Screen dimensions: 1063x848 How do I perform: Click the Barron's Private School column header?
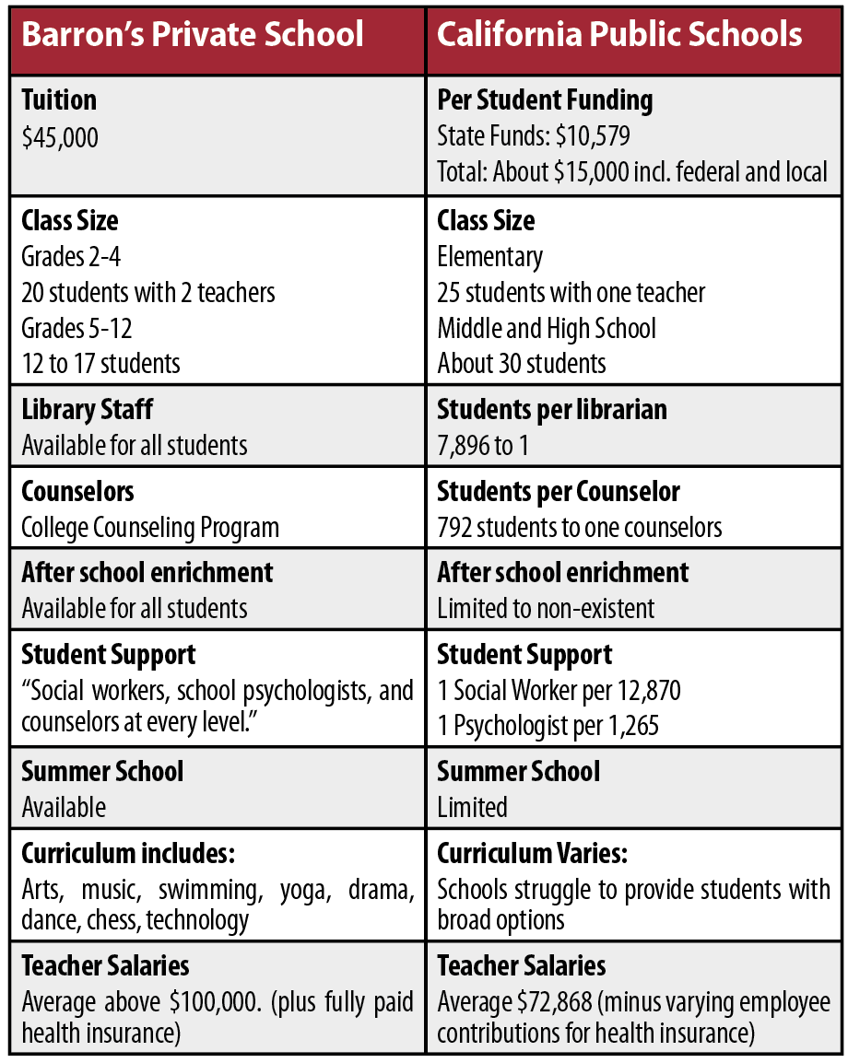click(193, 35)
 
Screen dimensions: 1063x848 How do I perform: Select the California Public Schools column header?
click(619, 35)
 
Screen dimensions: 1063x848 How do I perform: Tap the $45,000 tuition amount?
click(60, 138)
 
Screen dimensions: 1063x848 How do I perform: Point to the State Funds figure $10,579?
click(594, 138)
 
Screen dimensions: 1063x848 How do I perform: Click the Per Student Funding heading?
click(545, 100)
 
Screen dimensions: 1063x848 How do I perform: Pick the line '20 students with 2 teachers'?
click(148, 293)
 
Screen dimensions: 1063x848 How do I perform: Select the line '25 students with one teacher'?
click(571, 293)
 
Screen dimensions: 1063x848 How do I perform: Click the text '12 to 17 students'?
click(101, 363)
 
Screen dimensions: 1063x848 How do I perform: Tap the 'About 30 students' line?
click(522, 363)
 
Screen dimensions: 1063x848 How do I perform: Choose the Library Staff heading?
click(88, 409)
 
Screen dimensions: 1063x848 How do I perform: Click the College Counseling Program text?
click(150, 528)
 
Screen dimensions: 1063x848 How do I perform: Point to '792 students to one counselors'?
click(580, 528)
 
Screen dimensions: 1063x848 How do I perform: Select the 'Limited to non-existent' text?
click(546, 609)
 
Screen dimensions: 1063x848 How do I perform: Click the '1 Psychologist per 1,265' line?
click(548, 726)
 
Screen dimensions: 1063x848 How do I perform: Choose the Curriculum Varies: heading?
click(532, 853)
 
